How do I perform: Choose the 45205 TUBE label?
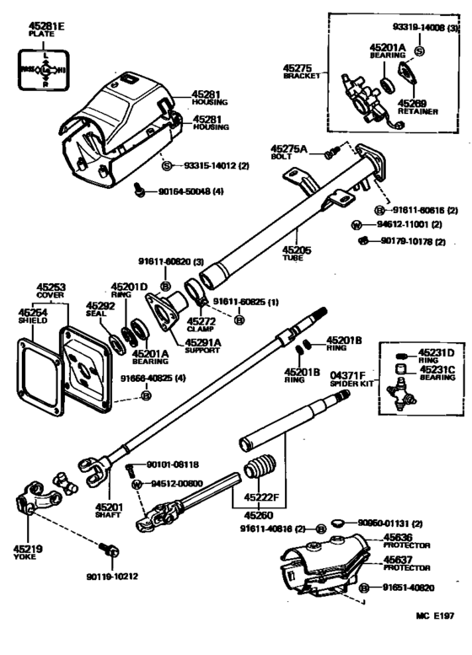tap(296, 254)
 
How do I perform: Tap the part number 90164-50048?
tap(189, 192)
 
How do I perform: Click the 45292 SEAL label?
tap(99, 310)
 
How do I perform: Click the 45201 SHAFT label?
tap(108, 511)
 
